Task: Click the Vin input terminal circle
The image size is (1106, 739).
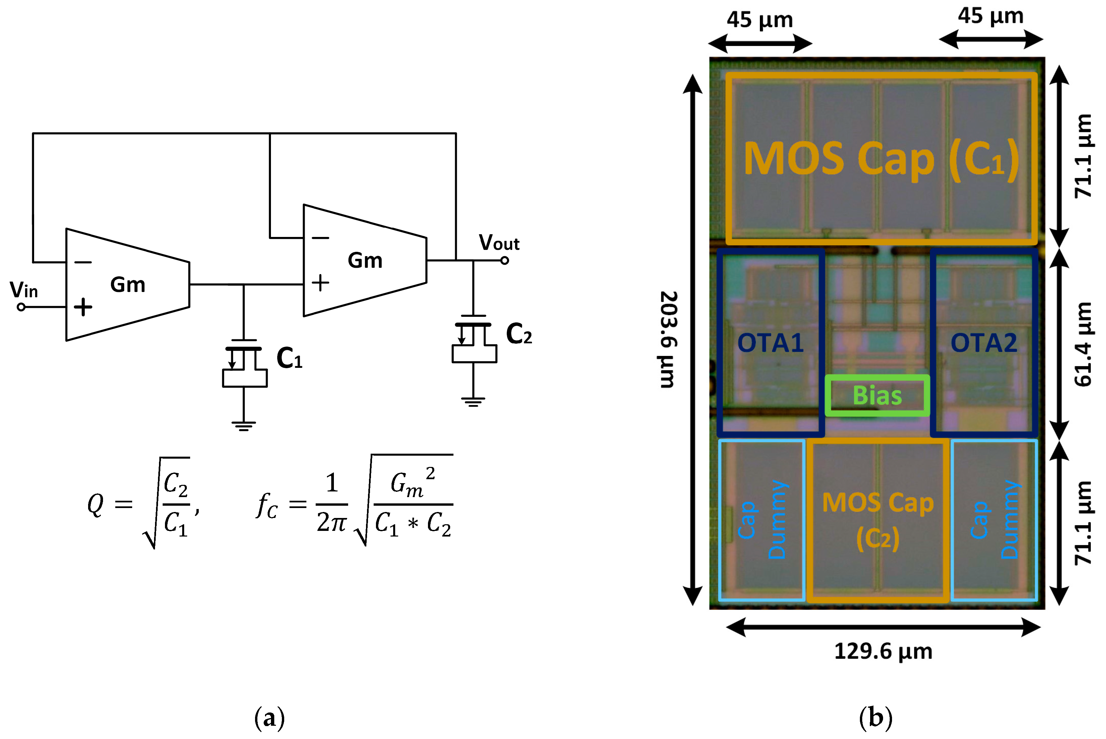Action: pyautogui.click(x=21, y=307)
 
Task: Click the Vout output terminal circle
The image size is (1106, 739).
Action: pyautogui.click(x=504, y=260)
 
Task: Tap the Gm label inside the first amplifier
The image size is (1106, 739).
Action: pyautogui.click(x=128, y=285)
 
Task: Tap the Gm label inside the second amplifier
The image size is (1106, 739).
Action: pyautogui.click(x=365, y=260)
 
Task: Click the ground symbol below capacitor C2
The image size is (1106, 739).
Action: pyautogui.click(x=473, y=402)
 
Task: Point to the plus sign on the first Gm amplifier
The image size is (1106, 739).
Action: pyautogui.click(x=83, y=307)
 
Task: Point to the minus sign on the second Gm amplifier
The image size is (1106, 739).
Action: pyautogui.click(x=320, y=238)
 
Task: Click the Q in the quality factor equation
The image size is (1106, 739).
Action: pyautogui.click(x=95, y=505)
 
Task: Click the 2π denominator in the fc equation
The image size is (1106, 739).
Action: pyautogui.click(x=332, y=523)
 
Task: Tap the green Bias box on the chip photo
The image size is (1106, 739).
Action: pyautogui.click(x=877, y=395)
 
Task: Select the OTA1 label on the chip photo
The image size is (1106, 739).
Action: pyautogui.click(x=770, y=343)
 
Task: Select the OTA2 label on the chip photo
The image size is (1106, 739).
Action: pyautogui.click(x=983, y=343)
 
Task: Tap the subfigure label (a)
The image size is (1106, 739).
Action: pyautogui.click(x=269, y=718)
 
